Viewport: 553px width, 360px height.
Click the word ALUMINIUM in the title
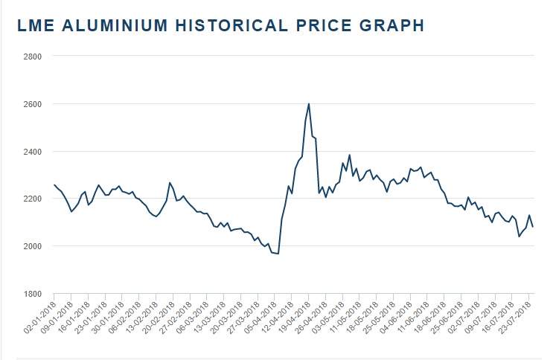[104, 25]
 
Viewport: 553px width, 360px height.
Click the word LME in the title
[35, 25]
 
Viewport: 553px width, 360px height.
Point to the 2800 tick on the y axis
[32, 57]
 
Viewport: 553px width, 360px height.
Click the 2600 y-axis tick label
[32, 104]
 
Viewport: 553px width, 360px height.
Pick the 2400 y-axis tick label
[32, 152]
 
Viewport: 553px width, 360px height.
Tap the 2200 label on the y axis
[32, 199]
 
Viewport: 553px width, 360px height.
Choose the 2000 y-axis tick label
[32, 246]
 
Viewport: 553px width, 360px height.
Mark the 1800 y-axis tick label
[32, 294]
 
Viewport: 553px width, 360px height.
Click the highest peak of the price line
[309, 104]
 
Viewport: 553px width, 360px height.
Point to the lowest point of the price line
[278, 254]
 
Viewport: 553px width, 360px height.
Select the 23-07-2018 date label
[517, 317]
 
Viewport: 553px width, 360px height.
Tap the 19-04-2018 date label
[295, 317]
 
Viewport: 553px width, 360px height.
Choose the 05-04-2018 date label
[261, 317]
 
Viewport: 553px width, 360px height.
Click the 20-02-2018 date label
[159, 317]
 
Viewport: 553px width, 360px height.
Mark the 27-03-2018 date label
[244, 317]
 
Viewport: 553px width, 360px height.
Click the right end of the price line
[533, 227]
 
